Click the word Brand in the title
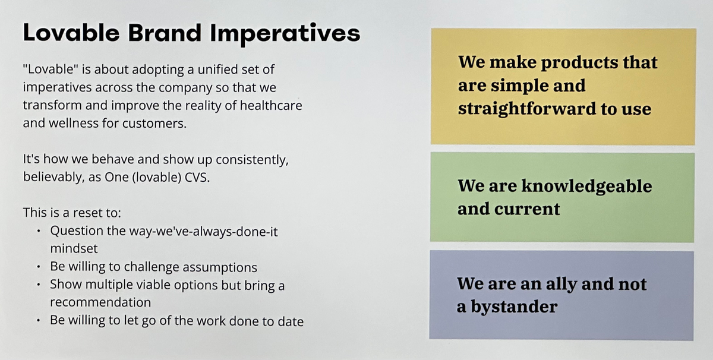click(x=165, y=33)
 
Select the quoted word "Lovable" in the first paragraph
click(x=51, y=69)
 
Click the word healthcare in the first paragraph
click(x=271, y=105)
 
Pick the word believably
click(x=53, y=178)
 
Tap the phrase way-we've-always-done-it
click(x=203, y=232)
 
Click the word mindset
click(x=74, y=248)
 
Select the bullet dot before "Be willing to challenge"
click(x=39, y=267)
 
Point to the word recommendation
click(x=100, y=302)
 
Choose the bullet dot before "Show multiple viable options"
click(x=39, y=285)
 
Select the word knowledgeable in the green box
click(x=586, y=187)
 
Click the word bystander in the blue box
click(x=514, y=307)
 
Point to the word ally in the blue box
click(x=561, y=284)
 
